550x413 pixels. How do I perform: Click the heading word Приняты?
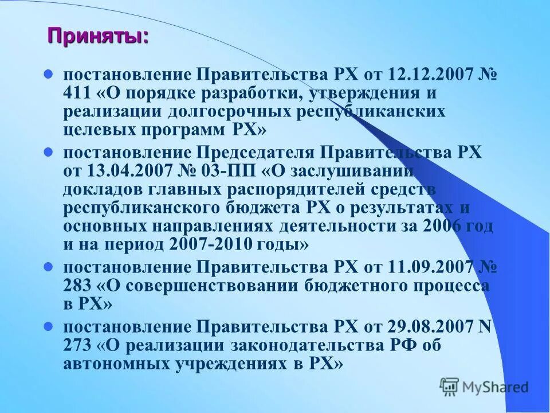pyautogui.click(x=97, y=36)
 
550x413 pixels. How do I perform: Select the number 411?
pyautogui.click(x=76, y=93)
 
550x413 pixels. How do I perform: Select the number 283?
pyautogui.click(x=76, y=286)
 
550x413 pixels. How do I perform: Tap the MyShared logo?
pyautogui.click(x=484, y=387)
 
